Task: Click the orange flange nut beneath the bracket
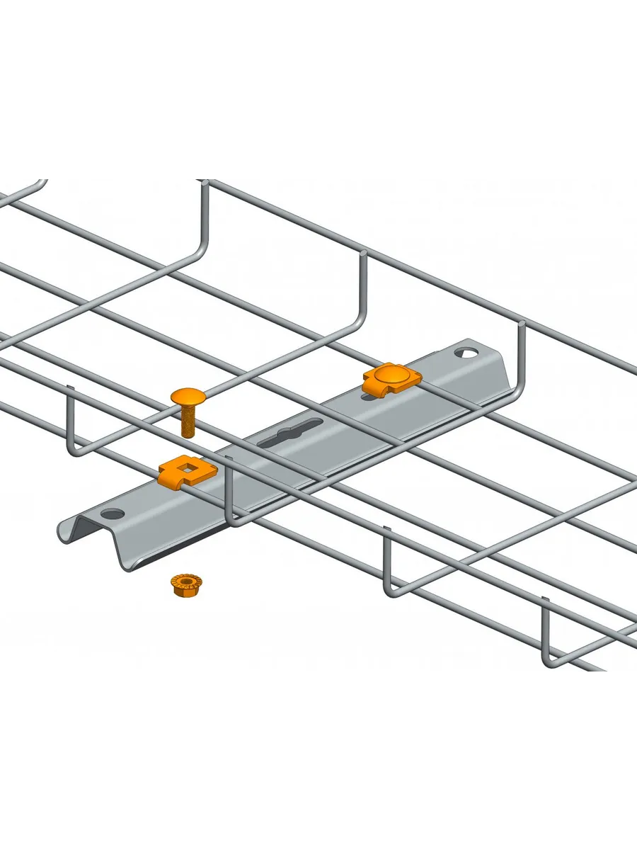[x=185, y=584]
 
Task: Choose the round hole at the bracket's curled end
[x=111, y=513]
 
